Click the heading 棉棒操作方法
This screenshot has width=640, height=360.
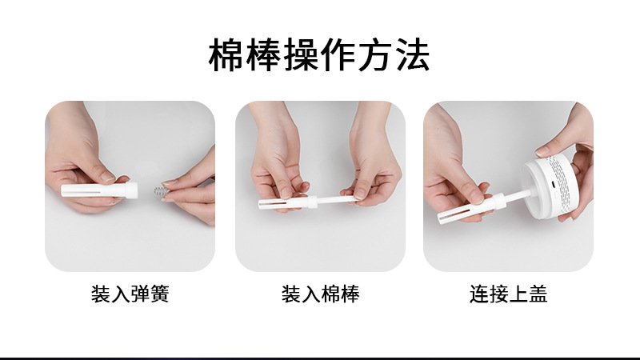tap(319, 55)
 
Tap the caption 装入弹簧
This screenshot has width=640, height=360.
tap(130, 294)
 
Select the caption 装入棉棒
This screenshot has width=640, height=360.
tap(321, 294)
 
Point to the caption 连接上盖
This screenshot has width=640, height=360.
tap(508, 294)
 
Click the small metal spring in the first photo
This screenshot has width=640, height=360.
tap(159, 190)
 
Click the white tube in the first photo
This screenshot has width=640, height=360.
tap(99, 190)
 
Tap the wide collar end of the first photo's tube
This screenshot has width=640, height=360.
tap(131, 190)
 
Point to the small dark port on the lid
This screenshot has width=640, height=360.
tap(553, 184)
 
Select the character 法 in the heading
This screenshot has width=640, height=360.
tap(413, 55)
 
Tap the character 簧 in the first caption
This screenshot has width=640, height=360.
tap(159, 294)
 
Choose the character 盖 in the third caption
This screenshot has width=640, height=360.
tap(538, 294)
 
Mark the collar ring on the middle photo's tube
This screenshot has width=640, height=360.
tap(312, 202)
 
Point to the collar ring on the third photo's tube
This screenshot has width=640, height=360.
tap(498, 202)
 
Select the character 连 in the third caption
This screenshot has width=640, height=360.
tap(479, 294)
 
